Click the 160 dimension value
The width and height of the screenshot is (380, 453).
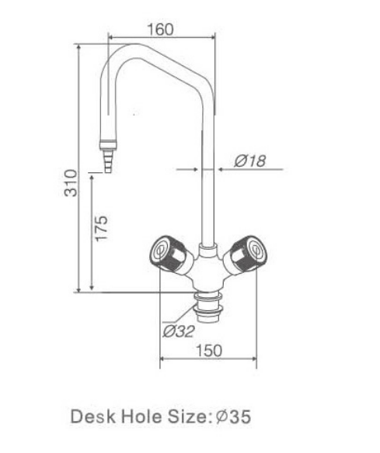tap(160, 29)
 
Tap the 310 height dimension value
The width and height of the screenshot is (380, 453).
tap(71, 183)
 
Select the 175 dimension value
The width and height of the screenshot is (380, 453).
tap(101, 228)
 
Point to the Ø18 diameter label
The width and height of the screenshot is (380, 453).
tap(249, 161)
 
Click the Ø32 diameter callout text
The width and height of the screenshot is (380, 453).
tap(178, 331)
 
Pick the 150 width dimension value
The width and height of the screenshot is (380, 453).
tap(209, 351)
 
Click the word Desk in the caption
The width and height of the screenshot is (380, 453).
tap(93, 417)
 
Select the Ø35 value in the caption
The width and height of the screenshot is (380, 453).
tap(233, 417)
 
